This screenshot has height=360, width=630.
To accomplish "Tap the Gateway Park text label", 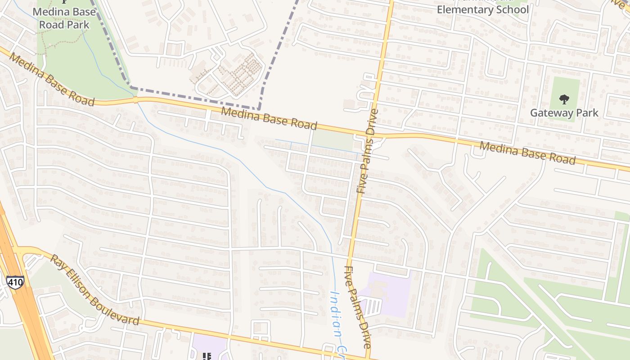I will (564, 113).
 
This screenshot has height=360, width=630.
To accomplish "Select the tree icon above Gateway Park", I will (564, 99).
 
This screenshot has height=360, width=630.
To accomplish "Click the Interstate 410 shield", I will (15, 282).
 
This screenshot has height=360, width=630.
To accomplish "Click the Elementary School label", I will (482, 9).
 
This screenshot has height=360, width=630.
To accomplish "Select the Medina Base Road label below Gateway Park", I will (527, 153).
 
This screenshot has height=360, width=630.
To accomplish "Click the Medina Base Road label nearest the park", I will (52, 80).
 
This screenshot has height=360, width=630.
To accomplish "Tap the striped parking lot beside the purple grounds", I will (372, 307).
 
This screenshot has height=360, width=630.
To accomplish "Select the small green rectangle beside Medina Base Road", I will (333, 140).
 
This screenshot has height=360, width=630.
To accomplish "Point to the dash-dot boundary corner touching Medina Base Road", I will (259, 108).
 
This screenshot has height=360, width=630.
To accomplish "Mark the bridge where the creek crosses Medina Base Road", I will (135, 100).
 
